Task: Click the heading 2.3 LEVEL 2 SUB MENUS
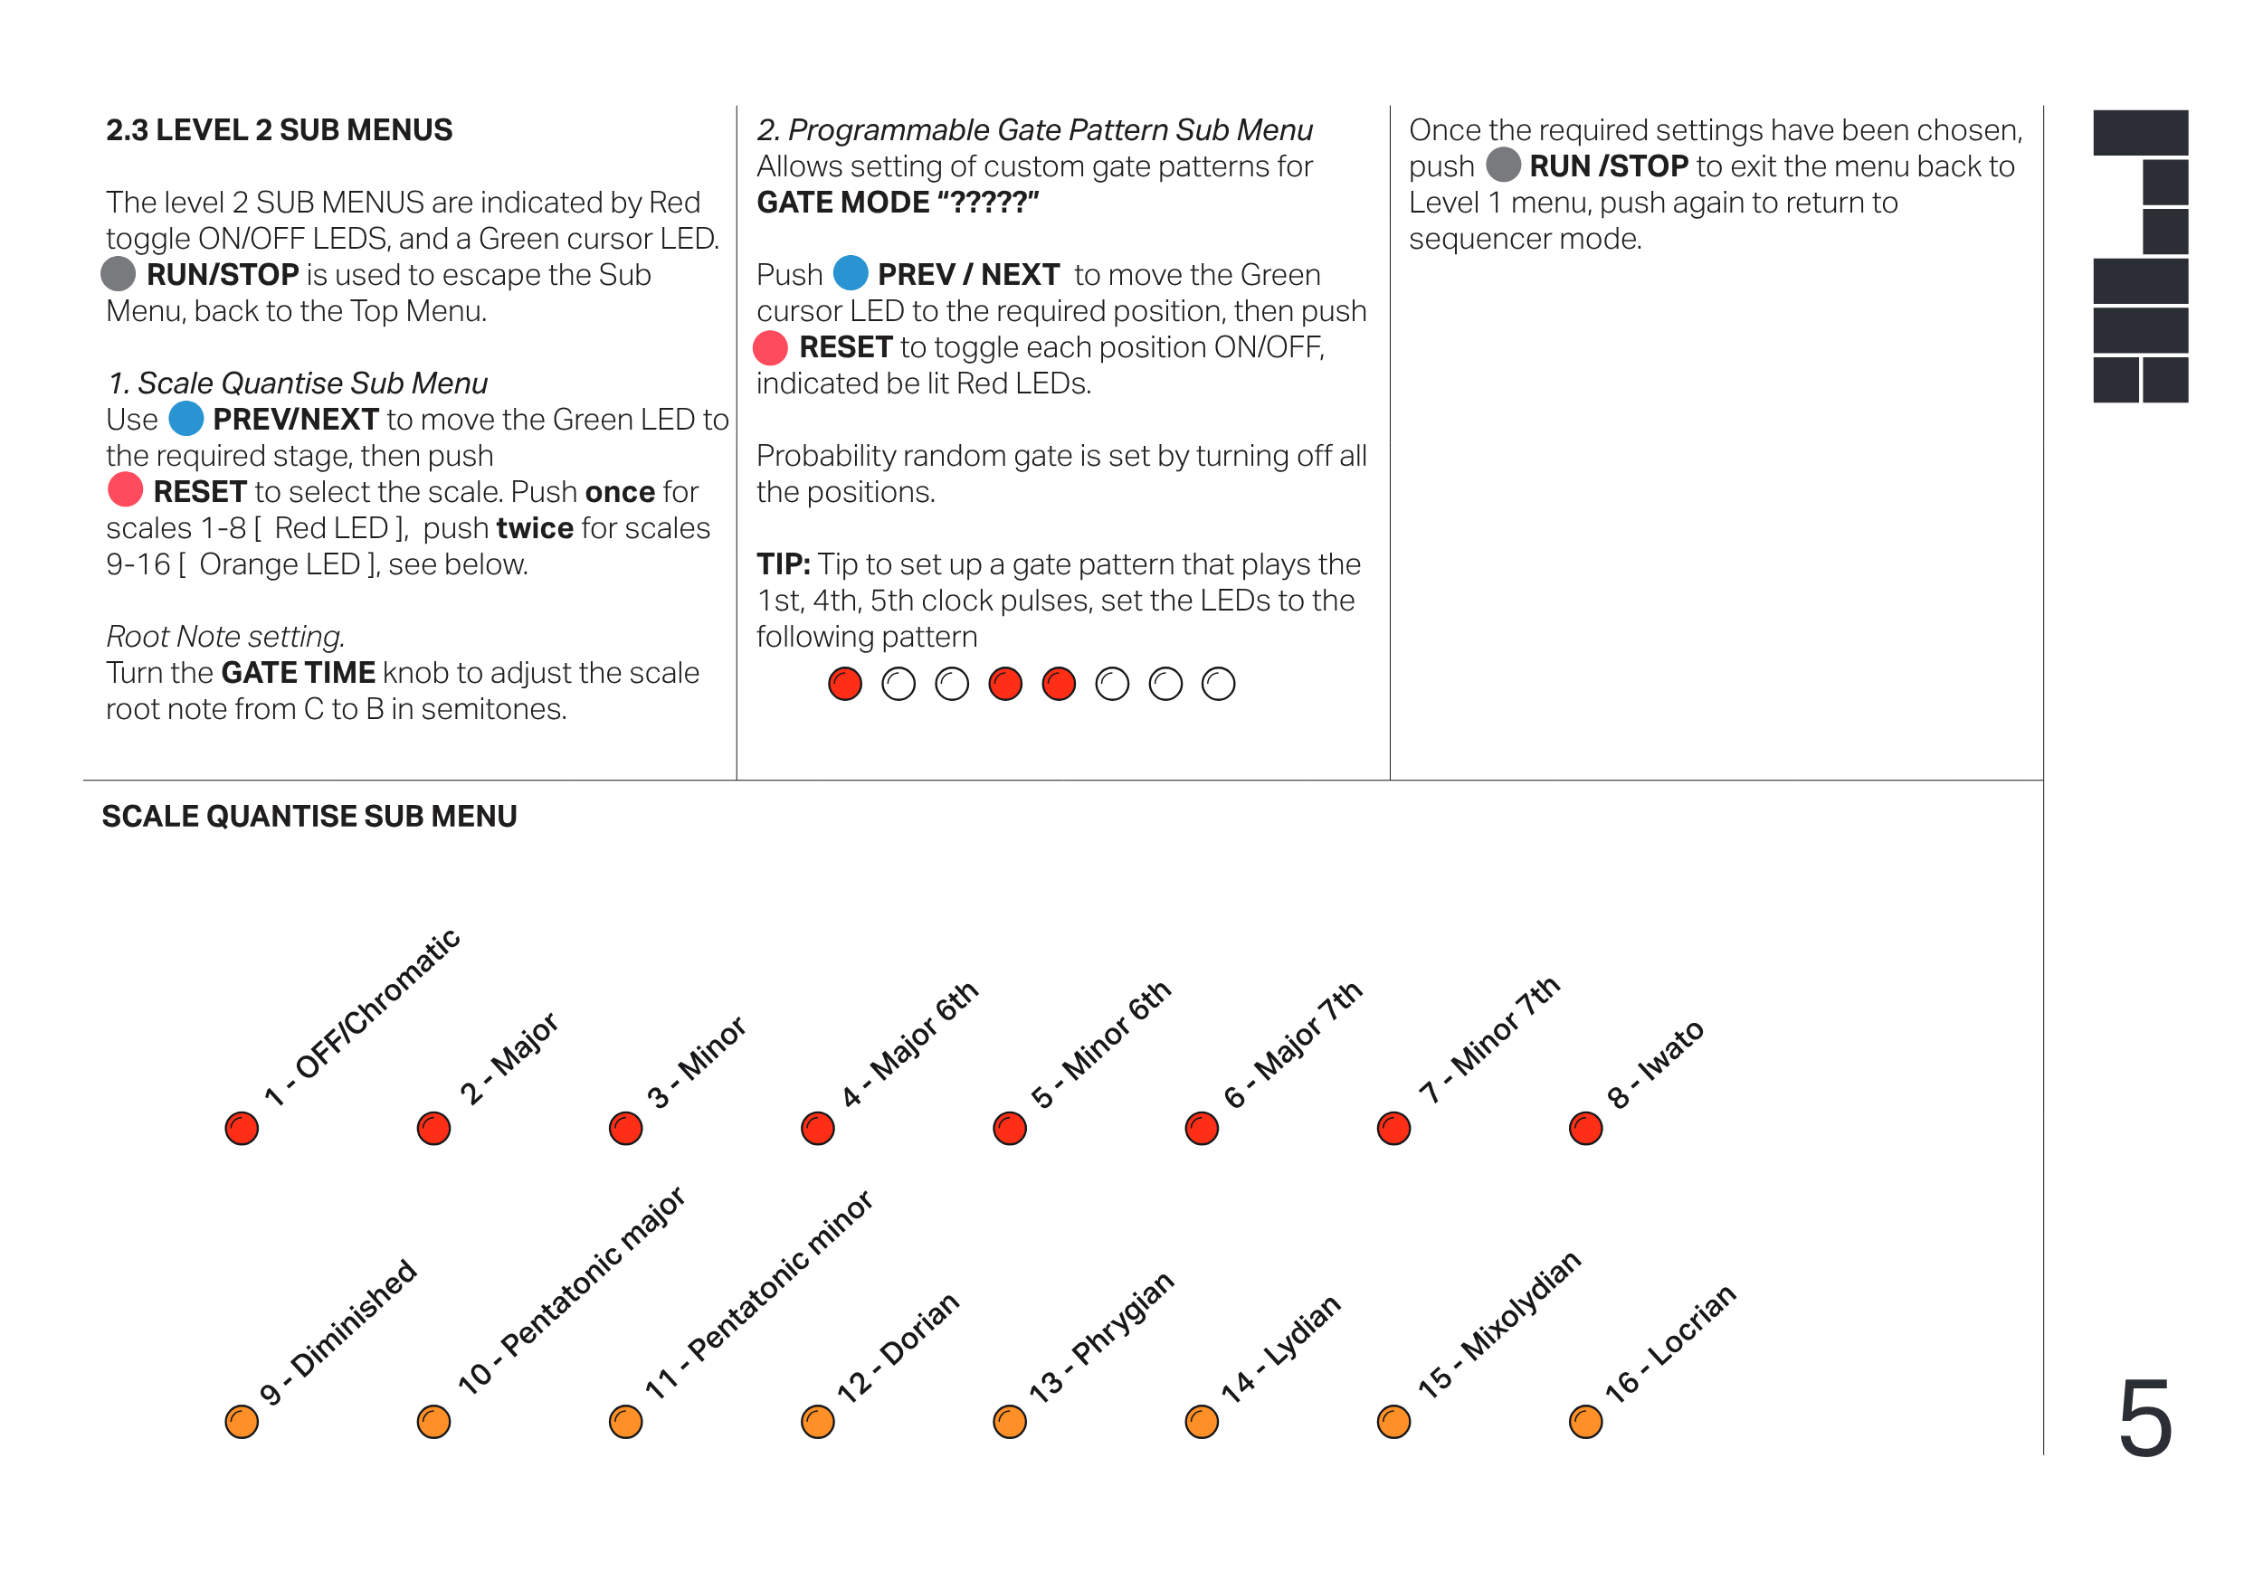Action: coord(279,130)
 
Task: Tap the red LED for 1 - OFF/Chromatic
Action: coord(242,1129)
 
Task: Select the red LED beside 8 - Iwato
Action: coord(1585,1129)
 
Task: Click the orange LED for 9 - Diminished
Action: coord(242,1422)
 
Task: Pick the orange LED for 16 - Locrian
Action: coord(1585,1422)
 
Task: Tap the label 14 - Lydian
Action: coord(1280,1349)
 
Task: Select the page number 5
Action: coord(2145,1418)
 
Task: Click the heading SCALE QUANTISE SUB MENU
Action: coord(309,816)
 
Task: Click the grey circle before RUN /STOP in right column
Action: coord(1503,166)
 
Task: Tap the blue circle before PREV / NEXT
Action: coord(851,273)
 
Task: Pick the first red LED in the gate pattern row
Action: coord(845,684)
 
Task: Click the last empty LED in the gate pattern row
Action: coord(1218,684)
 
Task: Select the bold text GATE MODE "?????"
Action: coord(898,203)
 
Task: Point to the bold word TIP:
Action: coord(783,563)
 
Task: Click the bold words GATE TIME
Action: coord(298,672)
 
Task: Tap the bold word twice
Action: coord(535,527)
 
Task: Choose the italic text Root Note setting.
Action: coord(224,636)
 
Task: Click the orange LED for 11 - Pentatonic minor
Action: coord(625,1422)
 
